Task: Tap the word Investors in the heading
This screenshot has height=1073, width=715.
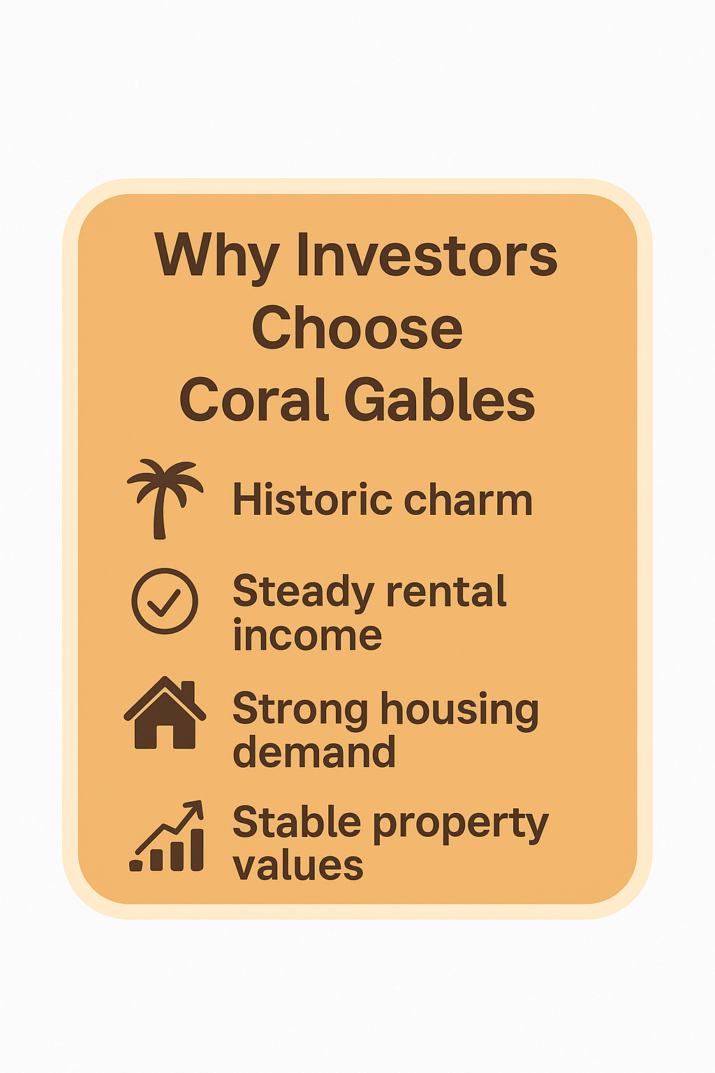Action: click(427, 254)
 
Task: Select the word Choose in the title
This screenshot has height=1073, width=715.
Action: click(357, 328)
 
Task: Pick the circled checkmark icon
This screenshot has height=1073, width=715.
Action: click(165, 601)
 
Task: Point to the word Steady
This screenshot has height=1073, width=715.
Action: click(303, 593)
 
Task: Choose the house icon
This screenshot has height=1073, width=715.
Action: click(165, 713)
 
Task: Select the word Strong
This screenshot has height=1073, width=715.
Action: click(300, 713)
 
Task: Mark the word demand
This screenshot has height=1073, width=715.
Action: click(314, 751)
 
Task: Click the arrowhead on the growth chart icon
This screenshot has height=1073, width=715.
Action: click(195, 809)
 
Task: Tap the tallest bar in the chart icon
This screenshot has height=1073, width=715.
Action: click(198, 849)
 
